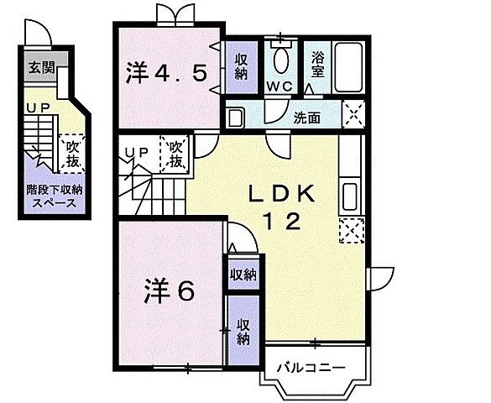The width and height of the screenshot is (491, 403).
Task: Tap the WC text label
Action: point(279,87)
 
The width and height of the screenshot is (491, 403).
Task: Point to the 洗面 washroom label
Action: point(306,118)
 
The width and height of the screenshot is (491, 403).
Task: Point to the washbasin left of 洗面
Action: point(236,118)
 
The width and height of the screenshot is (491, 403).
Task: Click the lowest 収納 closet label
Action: point(243,332)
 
